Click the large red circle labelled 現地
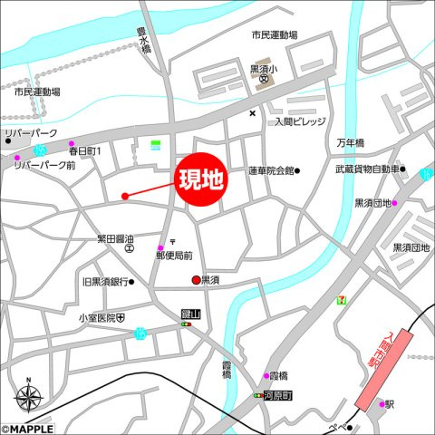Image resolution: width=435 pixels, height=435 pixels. pyautogui.click(x=200, y=179)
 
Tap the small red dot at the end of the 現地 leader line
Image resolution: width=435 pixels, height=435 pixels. pyautogui.click(x=125, y=195)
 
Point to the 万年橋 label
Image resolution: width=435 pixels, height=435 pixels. pyautogui.click(x=350, y=143)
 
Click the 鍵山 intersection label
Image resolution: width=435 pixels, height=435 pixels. pyautogui.click(x=190, y=313)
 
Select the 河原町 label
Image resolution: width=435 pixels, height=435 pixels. pyautogui.click(x=276, y=396)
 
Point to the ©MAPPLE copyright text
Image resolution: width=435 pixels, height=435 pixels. pyautogui.click(x=27, y=429)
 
